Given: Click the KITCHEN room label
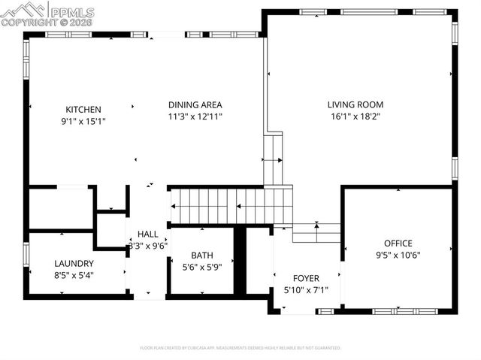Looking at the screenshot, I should pos(83,109).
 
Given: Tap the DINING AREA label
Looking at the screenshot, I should pos(195,104).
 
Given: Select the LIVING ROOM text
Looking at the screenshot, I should pos(355,104).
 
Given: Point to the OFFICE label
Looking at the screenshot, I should pos(398,243).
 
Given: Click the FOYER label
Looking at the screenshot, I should pos(306,277).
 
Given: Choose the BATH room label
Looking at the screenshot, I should pos(202,255).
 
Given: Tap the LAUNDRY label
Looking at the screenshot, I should pos(74,263).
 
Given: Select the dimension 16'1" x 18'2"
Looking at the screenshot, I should pos(355,116).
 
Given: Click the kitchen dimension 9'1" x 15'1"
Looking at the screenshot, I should pos(83,121).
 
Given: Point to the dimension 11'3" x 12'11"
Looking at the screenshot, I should pos(195,116).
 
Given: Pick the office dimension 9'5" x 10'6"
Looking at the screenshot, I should pos(398,255).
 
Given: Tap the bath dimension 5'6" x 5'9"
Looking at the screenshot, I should pos(202,267).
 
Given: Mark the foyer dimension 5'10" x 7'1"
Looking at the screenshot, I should pos(306,289).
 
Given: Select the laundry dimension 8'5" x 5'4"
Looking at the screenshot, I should pos(74,275).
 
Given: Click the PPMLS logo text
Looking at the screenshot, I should pos(71,11).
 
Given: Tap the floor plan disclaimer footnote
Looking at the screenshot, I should pos(240,348).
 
